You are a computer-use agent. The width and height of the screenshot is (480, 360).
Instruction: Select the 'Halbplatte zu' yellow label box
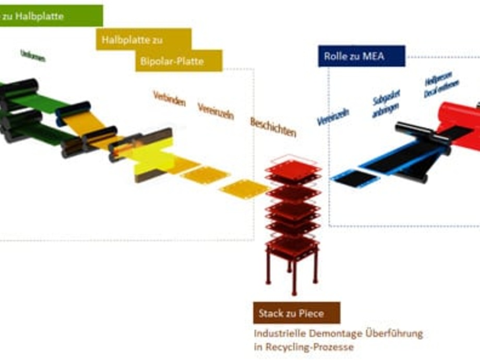pos(143,39)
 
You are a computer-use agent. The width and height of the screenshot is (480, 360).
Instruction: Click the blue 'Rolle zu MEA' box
pos(361,56)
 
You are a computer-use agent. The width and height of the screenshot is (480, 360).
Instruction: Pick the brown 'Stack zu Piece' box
pos(296,313)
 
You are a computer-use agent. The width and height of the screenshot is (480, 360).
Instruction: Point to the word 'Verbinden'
pos(169,98)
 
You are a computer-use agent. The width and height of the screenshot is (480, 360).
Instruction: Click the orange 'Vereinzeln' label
pos(215,111)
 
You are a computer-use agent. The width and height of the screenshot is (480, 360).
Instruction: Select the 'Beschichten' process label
pos(273,127)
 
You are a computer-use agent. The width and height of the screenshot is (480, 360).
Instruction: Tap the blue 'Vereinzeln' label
pos(333,117)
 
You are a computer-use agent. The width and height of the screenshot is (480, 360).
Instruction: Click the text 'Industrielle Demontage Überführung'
pos(338,333)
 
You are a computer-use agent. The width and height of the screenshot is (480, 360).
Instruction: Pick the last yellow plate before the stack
pos(244,188)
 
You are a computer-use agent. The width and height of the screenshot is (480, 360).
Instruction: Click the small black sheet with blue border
pos(355,178)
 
